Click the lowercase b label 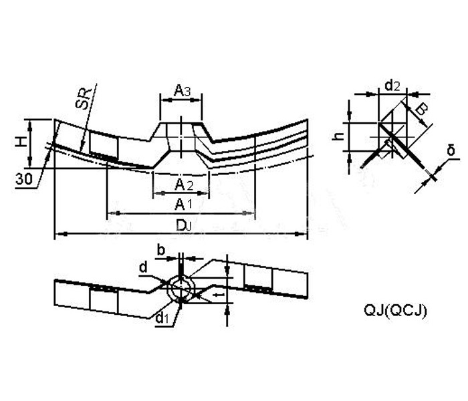pos(161,249)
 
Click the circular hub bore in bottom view pos(181,289)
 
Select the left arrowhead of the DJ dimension pos(58,233)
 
